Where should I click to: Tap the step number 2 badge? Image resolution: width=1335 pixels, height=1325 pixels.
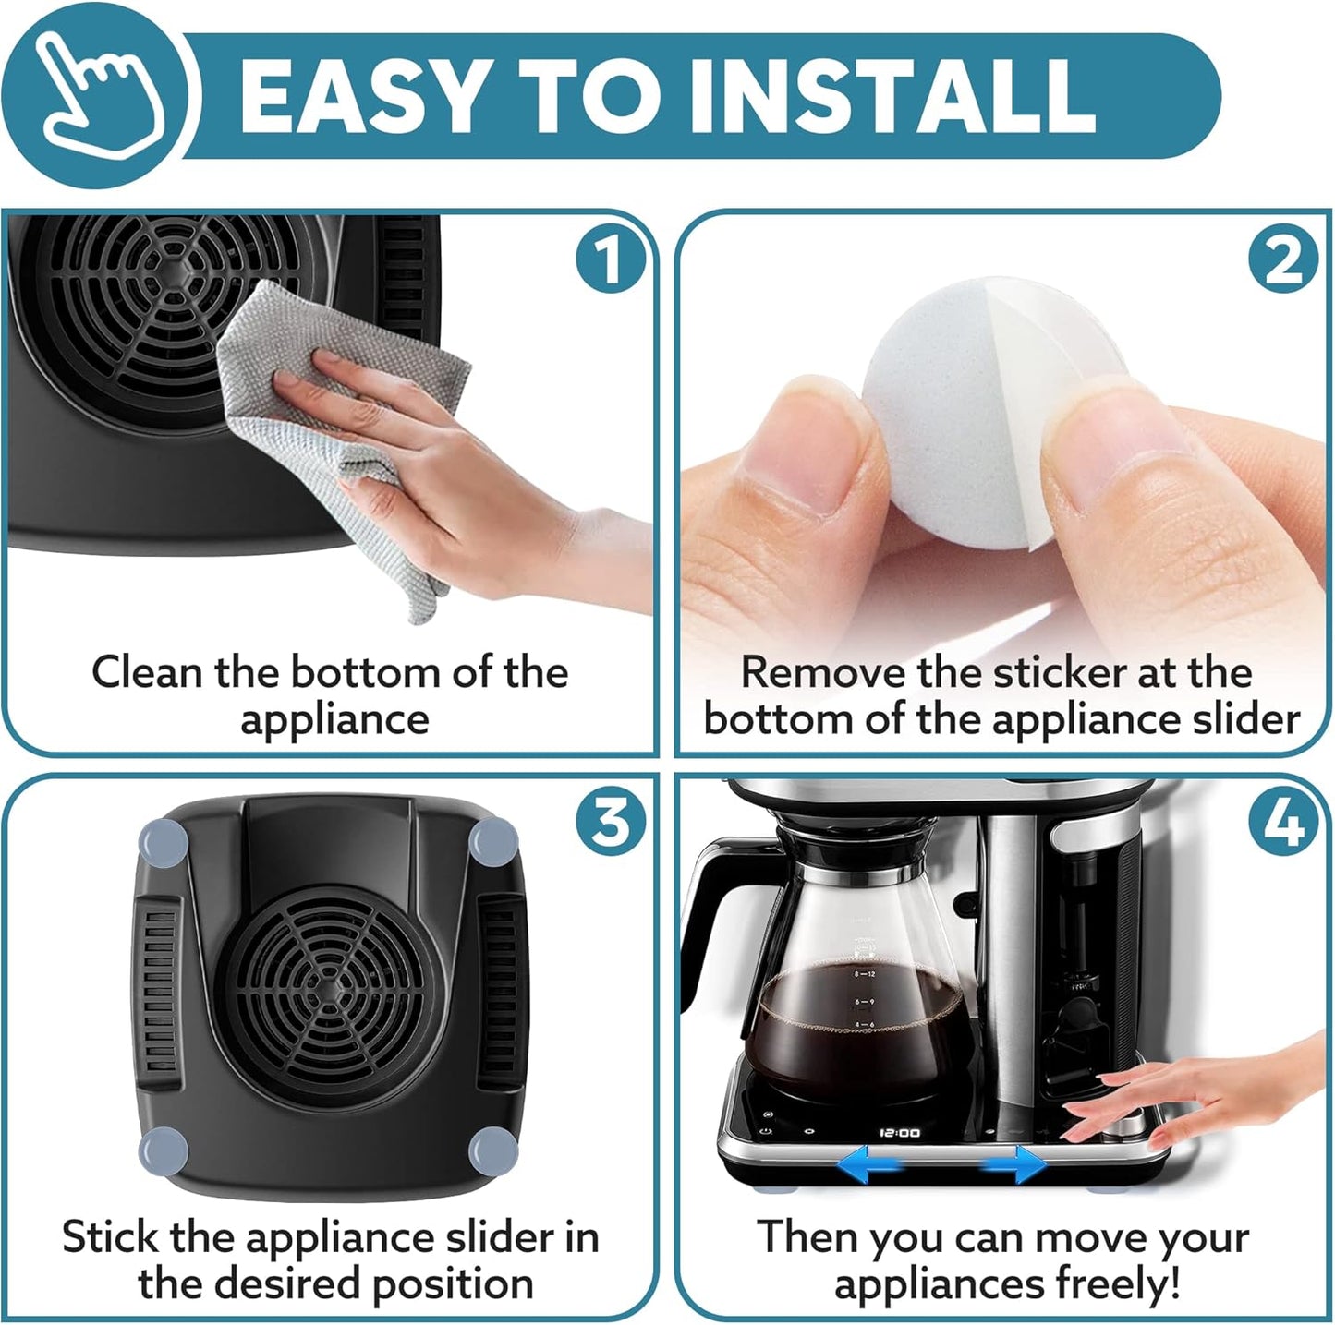[1282, 261]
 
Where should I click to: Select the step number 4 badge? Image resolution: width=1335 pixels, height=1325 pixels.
[1282, 821]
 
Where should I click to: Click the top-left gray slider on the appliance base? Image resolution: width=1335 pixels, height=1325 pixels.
[163, 843]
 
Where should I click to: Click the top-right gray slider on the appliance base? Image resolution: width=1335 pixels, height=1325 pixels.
[493, 843]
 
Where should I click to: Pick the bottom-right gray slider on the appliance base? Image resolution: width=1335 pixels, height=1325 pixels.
[493, 1150]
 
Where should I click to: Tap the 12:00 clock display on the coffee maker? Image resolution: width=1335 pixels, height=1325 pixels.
[898, 1132]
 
